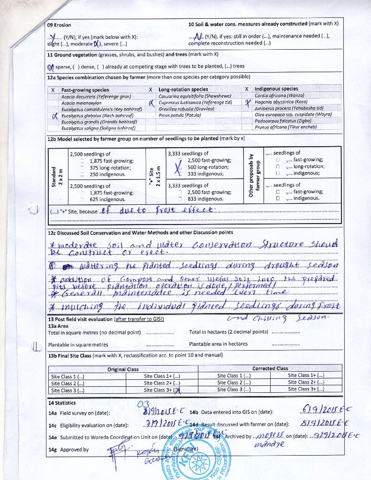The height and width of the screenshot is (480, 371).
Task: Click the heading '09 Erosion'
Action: point(59,25)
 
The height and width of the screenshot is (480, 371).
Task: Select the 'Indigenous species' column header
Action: point(276,89)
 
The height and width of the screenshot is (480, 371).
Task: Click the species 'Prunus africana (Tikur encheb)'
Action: point(282,127)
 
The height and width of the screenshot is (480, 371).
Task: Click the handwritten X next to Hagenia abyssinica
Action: point(249,102)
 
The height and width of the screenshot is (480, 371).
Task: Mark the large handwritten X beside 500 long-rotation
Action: point(177,166)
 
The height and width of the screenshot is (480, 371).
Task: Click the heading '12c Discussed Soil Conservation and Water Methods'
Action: point(140,232)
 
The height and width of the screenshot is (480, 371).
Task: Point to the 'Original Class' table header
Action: point(123,369)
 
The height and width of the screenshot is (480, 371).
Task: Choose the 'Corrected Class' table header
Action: point(270,368)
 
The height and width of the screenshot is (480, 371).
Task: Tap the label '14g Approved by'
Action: point(68,450)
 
